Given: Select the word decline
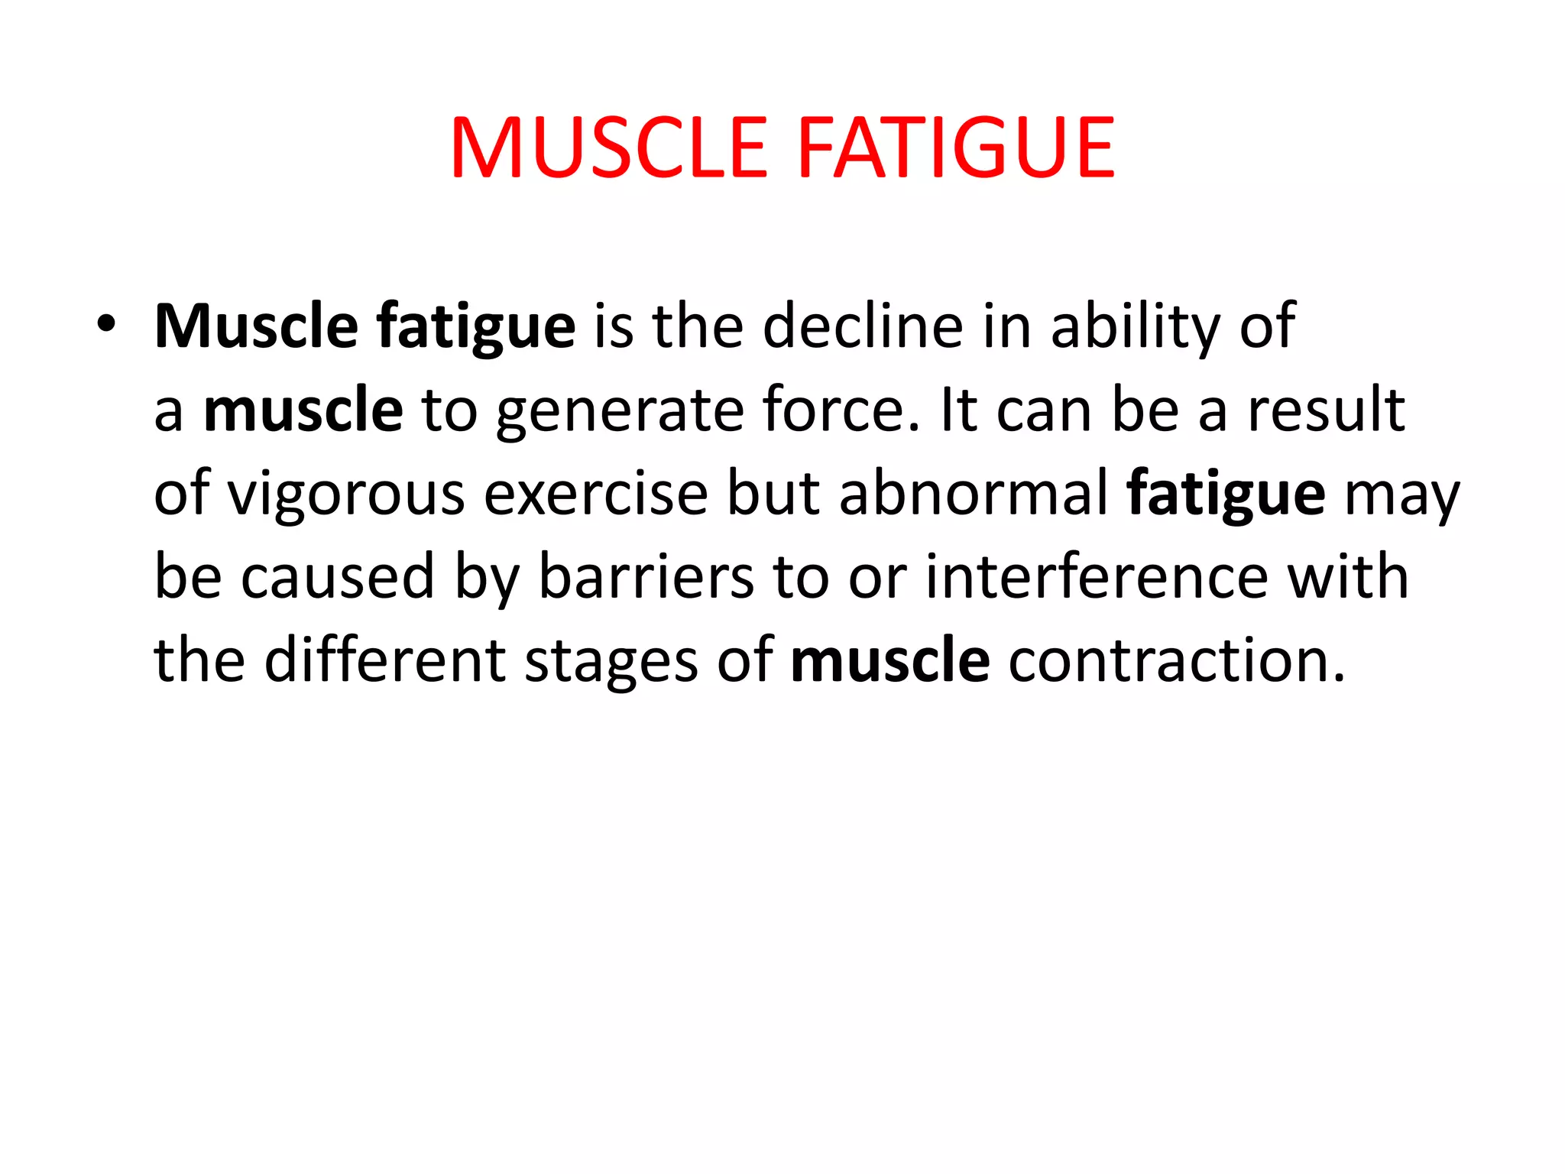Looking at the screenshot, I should [863, 326].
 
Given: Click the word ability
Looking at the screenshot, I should [1136, 326].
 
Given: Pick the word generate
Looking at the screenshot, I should [619, 410].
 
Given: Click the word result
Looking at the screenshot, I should [1326, 410].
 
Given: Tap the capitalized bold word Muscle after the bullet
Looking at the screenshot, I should [256, 326].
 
